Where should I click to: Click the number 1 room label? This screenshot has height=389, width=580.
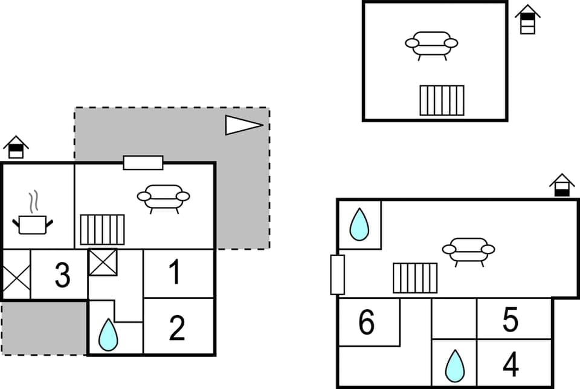pyautogui.click(x=175, y=273)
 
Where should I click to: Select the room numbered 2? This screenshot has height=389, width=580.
pyautogui.click(x=176, y=329)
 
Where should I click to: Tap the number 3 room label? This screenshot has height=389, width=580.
pyautogui.click(x=62, y=275)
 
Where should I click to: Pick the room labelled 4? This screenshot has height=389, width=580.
pyautogui.click(x=511, y=364)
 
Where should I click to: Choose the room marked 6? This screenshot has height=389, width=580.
pyautogui.click(x=366, y=323)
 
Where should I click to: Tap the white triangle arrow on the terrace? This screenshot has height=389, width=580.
pyautogui.click(x=243, y=125)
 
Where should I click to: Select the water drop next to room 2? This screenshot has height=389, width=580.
pyautogui.click(x=108, y=335)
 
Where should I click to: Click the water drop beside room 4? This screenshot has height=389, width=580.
pyautogui.click(x=454, y=365)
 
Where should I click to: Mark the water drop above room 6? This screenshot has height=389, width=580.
pyautogui.click(x=359, y=224)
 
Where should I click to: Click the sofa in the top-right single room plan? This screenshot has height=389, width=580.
pyautogui.click(x=431, y=45)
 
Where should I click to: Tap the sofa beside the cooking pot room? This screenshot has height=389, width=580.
pyautogui.click(x=163, y=198)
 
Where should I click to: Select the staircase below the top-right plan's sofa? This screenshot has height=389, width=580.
pyautogui.click(x=442, y=100)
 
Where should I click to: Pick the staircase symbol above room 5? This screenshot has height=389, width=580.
pyautogui.click(x=415, y=278)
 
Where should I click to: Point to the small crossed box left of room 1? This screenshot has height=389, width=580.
pyautogui.click(x=103, y=263)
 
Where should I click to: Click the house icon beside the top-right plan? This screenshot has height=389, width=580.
pyautogui.click(x=527, y=19)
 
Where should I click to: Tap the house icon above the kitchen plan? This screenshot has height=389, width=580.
pyautogui.click(x=16, y=147)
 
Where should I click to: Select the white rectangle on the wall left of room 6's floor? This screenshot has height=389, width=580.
pyautogui.click(x=337, y=275)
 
